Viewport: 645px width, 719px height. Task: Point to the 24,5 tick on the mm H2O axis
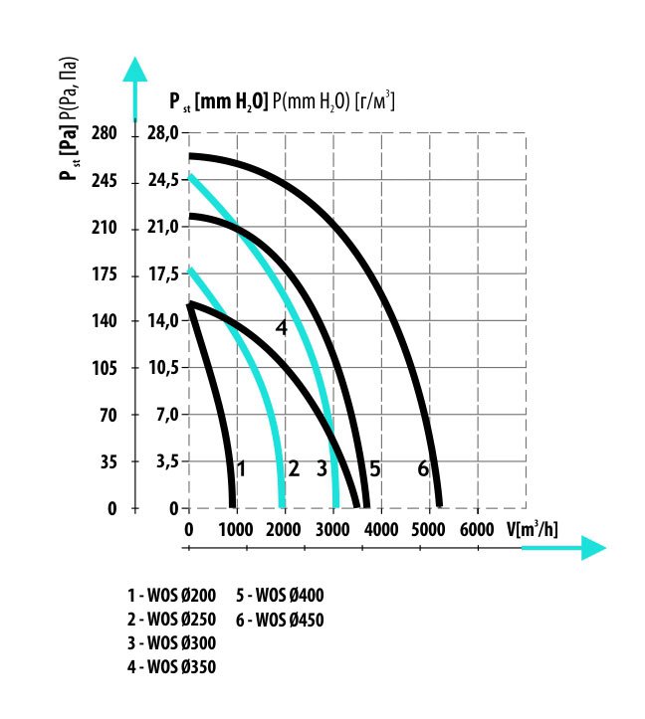(x=162, y=181)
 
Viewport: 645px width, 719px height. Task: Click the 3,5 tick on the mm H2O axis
(x=163, y=462)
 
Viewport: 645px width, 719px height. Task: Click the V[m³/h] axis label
(x=533, y=527)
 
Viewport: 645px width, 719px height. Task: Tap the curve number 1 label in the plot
(x=240, y=467)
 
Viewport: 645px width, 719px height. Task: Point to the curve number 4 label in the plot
(x=282, y=326)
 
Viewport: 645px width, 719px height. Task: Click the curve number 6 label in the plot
(x=423, y=467)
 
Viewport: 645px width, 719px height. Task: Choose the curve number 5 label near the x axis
(x=374, y=467)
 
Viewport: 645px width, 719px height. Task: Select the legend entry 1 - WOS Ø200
(x=171, y=597)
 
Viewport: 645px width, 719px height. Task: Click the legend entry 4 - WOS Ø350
(x=171, y=666)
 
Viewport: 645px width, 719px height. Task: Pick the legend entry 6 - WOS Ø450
(x=280, y=620)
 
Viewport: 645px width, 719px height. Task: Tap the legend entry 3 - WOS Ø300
(x=171, y=643)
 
